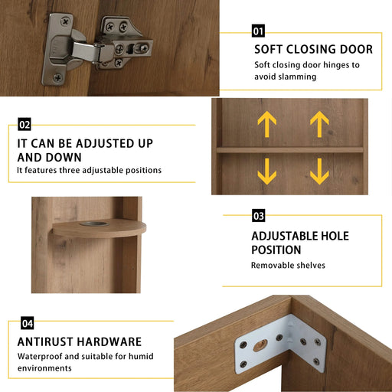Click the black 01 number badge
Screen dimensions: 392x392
pos(258,31)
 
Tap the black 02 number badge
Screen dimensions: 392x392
pos(24,124)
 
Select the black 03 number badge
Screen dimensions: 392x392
pos(259,216)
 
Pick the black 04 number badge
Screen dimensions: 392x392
pos(27,323)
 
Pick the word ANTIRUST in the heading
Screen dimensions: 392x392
pos(45,341)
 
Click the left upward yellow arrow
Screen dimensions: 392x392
pos(267,124)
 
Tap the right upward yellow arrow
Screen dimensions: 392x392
pos(319,124)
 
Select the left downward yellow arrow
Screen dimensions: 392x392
pos(267,171)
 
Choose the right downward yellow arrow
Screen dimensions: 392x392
pos(319,171)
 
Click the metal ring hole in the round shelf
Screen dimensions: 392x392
pos(94,224)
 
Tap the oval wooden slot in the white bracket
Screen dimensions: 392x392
pos(260,345)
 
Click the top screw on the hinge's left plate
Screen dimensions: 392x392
pos(66,21)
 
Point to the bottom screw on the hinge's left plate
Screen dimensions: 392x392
pos(58,77)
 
